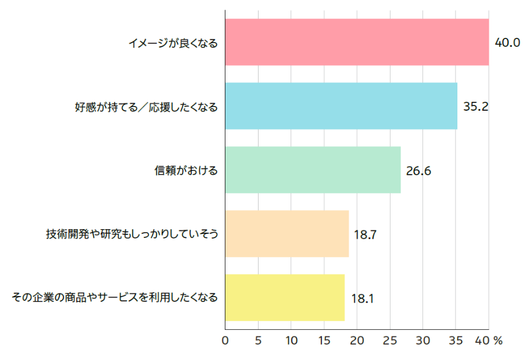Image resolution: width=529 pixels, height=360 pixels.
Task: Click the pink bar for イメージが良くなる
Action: pyautogui.click(x=357, y=42)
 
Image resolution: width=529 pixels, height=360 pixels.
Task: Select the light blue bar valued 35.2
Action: pyautogui.click(x=341, y=106)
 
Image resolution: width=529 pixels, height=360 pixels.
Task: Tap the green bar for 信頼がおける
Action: pyautogui.click(x=312, y=170)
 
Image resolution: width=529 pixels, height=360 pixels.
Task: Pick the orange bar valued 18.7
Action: pyautogui.click(x=286, y=234)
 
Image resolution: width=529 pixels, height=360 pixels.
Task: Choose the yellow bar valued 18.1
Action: pyautogui.click(x=285, y=297)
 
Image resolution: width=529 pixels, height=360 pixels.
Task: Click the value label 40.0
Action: pyautogui.click(x=507, y=43)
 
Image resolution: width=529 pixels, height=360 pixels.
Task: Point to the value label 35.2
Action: pyautogui.click(x=475, y=107)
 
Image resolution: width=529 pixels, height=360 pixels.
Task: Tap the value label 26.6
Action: pyautogui.click(x=418, y=171)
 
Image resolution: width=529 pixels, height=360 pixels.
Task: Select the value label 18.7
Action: pyautogui.click(x=366, y=234)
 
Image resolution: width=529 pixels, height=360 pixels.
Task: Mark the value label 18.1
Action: pyautogui.click(x=362, y=298)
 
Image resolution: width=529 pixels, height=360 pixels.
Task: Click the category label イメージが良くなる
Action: pyautogui.click(x=173, y=43)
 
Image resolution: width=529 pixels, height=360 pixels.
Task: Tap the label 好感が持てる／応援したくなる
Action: pyautogui.click(x=146, y=107)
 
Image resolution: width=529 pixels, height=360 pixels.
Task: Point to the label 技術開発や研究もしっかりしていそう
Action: pyautogui.click(x=132, y=234)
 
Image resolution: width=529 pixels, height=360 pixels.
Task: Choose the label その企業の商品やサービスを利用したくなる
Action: pyautogui.click(x=115, y=297)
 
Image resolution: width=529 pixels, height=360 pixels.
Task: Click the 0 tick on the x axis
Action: pyautogui.click(x=225, y=341)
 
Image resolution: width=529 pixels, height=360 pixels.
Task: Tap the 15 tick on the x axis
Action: pyautogui.click(x=324, y=341)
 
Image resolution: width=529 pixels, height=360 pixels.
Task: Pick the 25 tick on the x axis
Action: pyautogui.click(x=389, y=341)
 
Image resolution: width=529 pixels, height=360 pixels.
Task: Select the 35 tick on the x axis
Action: pyautogui.click(x=455, y=341)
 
